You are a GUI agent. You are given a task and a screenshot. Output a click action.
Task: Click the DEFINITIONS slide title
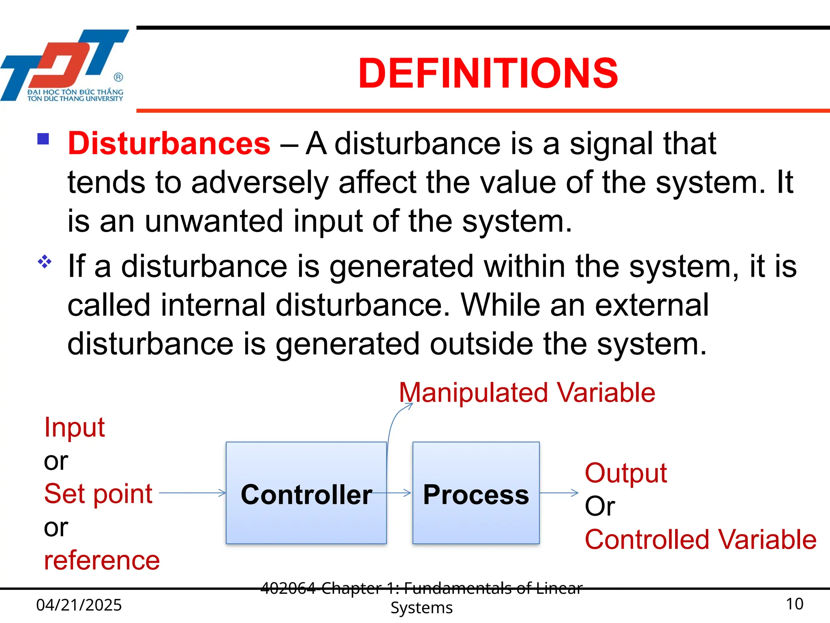click(x=488, y=73)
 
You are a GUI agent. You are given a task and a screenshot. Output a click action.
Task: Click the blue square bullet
click(x=43, y=139)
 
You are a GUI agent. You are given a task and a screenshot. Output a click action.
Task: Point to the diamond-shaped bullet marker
click(x=45, y=262)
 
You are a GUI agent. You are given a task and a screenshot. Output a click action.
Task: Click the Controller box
click(x=306, y=493)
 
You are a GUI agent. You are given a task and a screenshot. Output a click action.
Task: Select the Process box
click(x=476, y=493)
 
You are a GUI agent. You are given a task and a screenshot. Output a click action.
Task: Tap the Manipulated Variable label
click(x=527, y=393)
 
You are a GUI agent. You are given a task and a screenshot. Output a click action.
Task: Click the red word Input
click(x=74, y=427)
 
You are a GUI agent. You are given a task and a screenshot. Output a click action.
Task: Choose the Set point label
click(x=98, y=494)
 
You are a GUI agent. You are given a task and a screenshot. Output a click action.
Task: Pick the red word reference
click(x=102, y=561)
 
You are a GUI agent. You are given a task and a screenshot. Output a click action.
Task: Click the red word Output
click(x=625, y=473)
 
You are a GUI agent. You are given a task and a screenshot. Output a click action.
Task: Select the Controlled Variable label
click(x=700, y=539)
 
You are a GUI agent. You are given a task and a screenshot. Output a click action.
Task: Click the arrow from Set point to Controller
click(x=193, y=493)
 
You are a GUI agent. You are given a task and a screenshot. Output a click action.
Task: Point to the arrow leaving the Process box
click(x=559, y=493)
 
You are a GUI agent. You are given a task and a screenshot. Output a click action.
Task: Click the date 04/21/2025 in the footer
click(x=79, y=605)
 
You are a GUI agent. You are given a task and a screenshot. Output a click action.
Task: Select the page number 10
click(x=794, y=604)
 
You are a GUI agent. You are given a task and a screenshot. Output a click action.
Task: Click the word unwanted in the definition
click(x=214, y=221)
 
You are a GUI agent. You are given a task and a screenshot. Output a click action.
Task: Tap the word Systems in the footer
click(x=421, y=608)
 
